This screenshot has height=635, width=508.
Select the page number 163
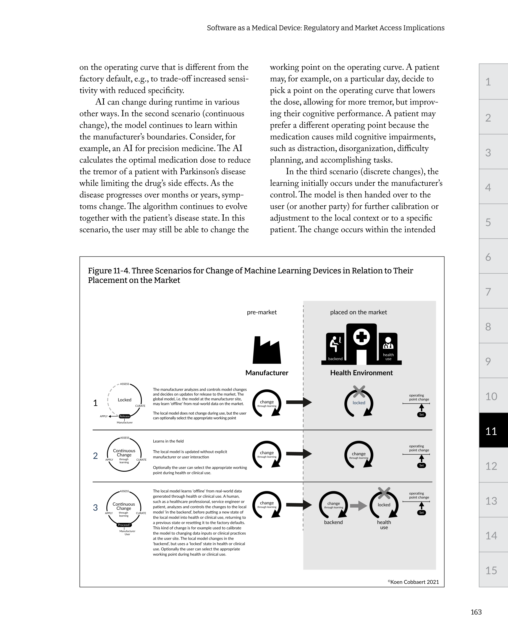(x=476, y=612)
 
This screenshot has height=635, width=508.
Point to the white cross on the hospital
(x=362, y=337)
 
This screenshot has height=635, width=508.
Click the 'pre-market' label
(x=262, y=312)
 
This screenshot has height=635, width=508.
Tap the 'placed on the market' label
(x=358, y=312)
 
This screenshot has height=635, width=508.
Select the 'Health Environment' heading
(x=361, y=373)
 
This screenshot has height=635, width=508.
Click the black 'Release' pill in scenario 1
(x=124, y=416)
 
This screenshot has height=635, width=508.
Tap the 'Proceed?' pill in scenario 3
(x=124, y=525)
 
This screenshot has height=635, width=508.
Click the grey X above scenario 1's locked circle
(x=359, y=392)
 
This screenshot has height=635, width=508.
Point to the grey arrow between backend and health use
(x=358, y=506)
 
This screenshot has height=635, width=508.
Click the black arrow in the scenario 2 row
(x=298, y=453)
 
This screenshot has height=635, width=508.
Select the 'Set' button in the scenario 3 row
(x=421, y=513)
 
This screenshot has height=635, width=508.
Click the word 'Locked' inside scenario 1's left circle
(x=124, y=400)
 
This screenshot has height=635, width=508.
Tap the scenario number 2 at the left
(x=95, y=456)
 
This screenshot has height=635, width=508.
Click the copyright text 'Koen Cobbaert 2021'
(x=414, y=582)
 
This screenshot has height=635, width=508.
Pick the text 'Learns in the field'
(x=168, y=441)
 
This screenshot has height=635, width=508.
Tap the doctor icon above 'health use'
(x=388, y=343)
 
